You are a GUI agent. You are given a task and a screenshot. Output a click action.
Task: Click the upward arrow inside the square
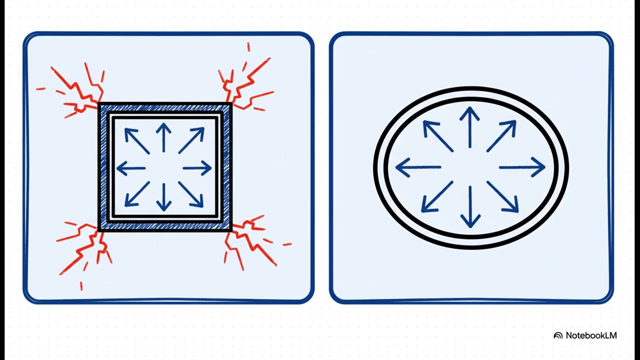click(163, 137)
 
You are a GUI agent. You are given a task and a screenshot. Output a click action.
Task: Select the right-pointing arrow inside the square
click(197, 168)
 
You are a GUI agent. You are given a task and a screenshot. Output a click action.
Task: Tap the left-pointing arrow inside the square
click(131, 168)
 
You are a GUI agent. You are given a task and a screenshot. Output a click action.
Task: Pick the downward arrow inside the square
click(163, 197)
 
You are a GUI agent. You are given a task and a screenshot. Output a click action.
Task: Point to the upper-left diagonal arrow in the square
click(137, 141)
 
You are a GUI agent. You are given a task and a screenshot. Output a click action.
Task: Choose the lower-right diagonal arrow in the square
click(191, 194)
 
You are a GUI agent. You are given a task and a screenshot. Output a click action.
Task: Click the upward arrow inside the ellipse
click(469, 127)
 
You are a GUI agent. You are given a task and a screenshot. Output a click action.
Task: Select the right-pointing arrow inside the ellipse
click(522, 167)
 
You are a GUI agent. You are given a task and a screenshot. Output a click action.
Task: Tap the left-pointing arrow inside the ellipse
click(418, 167)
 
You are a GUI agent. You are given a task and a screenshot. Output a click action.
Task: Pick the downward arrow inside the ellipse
click(470, 206)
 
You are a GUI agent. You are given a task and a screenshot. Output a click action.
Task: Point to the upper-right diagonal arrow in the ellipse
click(501, 136)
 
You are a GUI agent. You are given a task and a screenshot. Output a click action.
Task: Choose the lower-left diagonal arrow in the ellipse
click(437, 196)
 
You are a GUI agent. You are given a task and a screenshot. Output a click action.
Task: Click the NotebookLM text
click(591, 335)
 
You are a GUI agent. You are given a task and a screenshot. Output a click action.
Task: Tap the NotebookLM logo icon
click(558, 335)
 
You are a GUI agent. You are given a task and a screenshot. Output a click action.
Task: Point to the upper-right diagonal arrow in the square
click(191, 140)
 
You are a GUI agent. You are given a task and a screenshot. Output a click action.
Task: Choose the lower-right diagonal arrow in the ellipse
click(502, 197)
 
